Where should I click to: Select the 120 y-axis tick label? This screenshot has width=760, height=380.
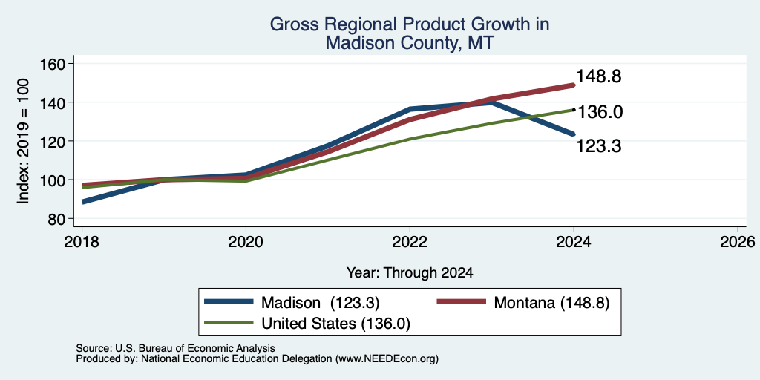point(53,142)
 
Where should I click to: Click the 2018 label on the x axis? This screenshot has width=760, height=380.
point(82,241)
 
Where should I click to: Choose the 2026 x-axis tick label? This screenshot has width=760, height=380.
point(738,241)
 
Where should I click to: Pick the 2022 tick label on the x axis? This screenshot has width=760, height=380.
point(410,241)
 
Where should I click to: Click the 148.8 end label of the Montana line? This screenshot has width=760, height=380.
point(599,76)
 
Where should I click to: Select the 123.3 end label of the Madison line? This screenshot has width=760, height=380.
point(599,146)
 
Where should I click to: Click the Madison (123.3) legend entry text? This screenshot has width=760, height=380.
point(321,303)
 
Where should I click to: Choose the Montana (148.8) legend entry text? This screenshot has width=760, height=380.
point(551,303)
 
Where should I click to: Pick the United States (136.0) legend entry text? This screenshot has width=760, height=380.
point(336,324)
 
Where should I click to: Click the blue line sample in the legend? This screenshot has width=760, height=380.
point(229,302)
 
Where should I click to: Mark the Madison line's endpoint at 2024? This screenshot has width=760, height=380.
point(574,134)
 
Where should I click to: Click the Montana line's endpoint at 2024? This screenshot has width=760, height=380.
point(574,85)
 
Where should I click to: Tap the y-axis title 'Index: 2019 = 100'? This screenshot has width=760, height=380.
point(23,141)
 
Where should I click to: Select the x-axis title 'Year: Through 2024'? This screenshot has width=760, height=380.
point(410,273)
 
